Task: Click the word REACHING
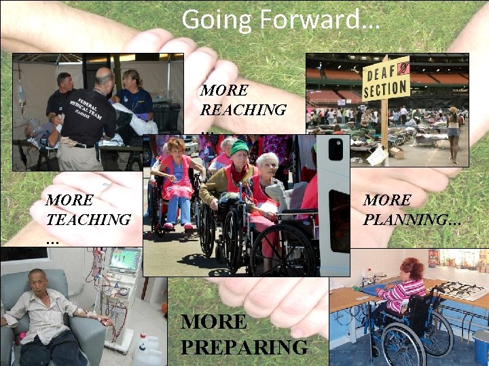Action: click(243, 109)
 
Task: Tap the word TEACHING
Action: click(88, 220)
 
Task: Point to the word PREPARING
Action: click(244, 348)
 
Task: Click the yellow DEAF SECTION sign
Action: click(385, 79)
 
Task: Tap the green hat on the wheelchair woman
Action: click(238, 147)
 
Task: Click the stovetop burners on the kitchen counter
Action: click(461, 290)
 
